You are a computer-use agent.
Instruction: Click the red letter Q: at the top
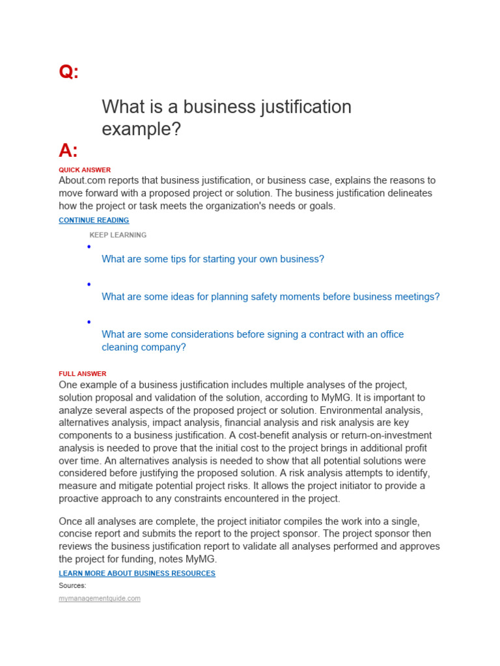coord(68,72)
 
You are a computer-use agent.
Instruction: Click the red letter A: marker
coord(68,151)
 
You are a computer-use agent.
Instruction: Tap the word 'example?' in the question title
coord(141,129)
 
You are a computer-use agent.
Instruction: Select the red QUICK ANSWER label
coord(85,170)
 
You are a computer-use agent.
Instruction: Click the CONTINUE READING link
coord(94,220)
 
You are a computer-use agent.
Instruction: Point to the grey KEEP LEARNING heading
coord(118,235)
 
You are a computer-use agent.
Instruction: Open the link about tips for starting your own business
coord(213,259)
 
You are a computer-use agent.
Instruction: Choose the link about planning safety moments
coord(271,297)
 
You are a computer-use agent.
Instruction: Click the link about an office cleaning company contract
coord(253,340)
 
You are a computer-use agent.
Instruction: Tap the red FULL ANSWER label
coord(82,374)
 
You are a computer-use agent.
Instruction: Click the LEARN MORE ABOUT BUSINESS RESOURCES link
coord(137,574)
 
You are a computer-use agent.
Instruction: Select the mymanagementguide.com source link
coord(100,598)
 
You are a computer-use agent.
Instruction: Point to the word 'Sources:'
coord(72,585)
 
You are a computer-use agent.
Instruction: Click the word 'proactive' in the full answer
coord(81,499)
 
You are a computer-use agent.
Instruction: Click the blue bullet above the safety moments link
coord(88,284)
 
